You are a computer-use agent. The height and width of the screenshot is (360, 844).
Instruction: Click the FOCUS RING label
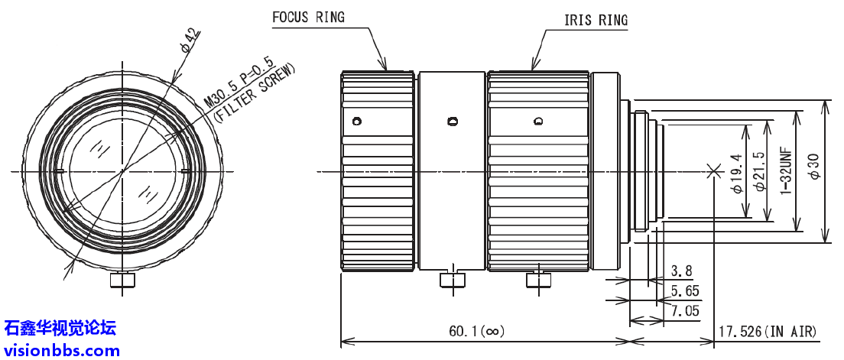(x=308, y=18)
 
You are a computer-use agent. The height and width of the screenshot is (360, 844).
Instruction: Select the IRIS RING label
(x=596, y=21)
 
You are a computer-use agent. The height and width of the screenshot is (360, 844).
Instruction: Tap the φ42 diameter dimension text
(x=190, y=41)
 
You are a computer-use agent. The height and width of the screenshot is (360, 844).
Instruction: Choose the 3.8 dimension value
(x=681, y=271)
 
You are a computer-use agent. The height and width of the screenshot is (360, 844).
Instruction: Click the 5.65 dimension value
(x=684, y=290)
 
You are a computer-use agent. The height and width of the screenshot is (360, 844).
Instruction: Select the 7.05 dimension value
(x=684, y=310)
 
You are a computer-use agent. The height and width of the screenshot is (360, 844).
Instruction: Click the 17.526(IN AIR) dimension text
(x=766, y=331)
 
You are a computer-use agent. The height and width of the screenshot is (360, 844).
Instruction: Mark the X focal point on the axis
(x=714, y=171)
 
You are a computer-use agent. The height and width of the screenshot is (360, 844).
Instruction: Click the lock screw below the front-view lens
(x=122, y=281)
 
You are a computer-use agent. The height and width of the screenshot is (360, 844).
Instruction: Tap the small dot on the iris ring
(x=538, y=121)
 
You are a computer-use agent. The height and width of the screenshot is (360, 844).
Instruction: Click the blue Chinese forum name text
(x=60, y=329)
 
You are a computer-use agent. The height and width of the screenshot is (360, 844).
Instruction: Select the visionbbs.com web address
(x=62, y=351)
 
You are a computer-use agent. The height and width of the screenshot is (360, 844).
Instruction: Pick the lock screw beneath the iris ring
(x=539, y=280)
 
